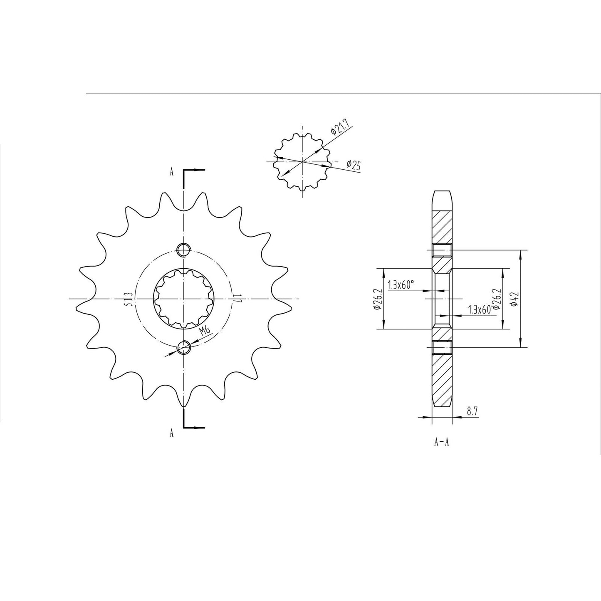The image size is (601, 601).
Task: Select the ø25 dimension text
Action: pos(353,165)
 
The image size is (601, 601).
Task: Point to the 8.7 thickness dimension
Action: pos(472,411)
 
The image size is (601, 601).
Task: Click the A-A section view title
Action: pos(441,442)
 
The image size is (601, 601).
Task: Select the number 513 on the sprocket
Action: pos(129,299)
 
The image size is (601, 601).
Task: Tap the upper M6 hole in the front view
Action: pos(183,250)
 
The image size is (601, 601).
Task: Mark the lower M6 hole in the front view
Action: pos(183,347)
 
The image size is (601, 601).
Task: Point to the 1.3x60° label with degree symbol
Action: pos(401,285)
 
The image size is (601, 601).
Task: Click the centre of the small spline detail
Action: pos(301,161)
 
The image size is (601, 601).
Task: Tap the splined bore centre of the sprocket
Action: pos(183,299)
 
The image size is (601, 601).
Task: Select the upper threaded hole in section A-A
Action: pos(442,250)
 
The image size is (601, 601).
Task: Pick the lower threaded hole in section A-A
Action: pos(442,347)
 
